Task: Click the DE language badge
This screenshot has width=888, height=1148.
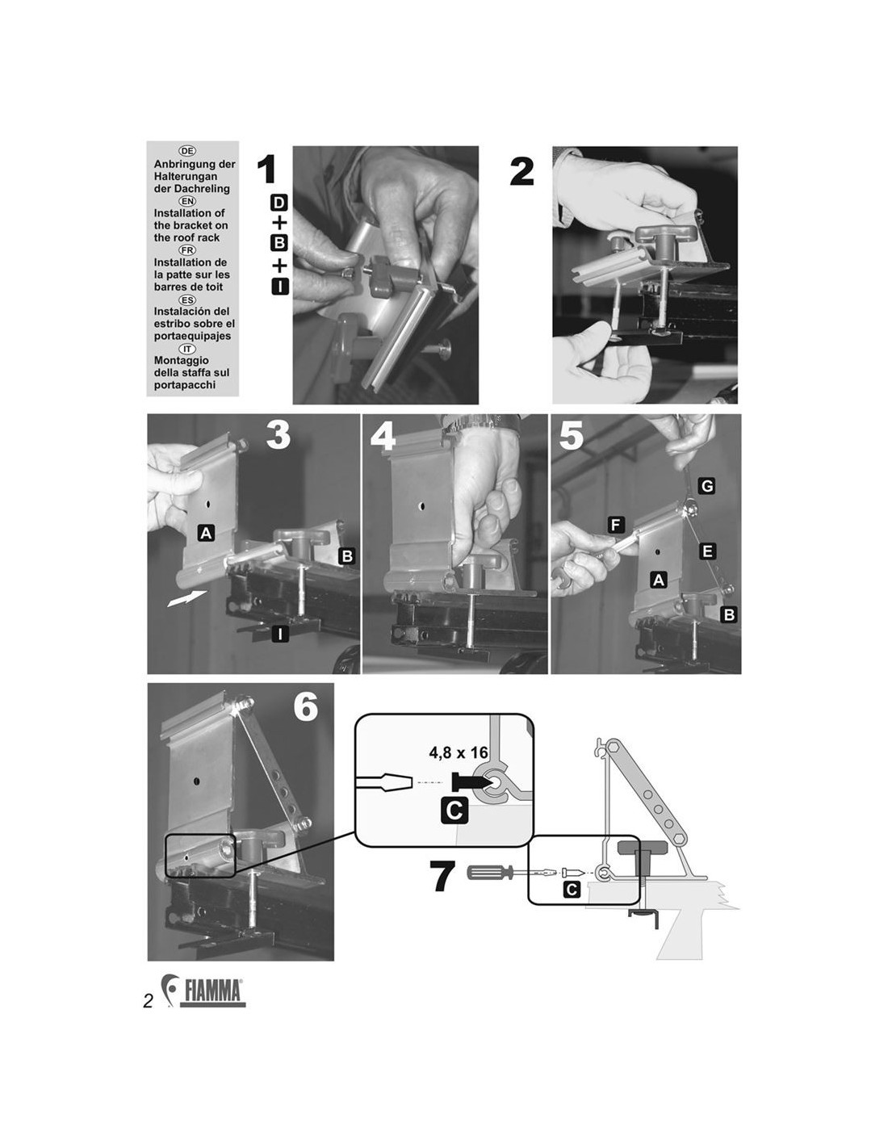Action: pos(187,151)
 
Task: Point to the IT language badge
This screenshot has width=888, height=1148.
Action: pos(187,349)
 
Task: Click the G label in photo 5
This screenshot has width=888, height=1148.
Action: pos(707,485)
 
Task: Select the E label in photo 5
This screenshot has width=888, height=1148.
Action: pos(707,551)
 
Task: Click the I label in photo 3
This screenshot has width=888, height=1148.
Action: pos(280,634)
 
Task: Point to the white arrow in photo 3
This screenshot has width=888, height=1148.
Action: pos(186,598)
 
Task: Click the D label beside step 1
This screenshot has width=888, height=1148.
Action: pos(279,203)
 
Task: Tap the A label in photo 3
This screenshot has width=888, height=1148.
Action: pos(206,533)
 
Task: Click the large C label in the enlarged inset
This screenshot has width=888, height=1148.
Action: pos(454,811)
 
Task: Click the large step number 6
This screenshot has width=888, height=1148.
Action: pos(306,707)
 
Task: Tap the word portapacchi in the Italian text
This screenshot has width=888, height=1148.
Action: pos(185,385)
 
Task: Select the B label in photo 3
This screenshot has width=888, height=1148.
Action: pos(347,556)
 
